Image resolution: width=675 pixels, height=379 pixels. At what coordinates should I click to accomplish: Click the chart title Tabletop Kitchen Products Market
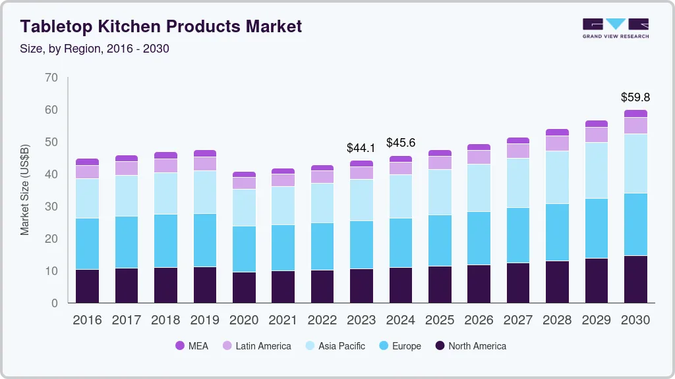tap(161, 26)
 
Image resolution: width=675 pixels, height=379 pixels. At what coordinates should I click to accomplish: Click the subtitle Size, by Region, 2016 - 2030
tap(95, 49)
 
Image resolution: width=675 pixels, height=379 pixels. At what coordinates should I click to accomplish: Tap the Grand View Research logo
tap(615, 28)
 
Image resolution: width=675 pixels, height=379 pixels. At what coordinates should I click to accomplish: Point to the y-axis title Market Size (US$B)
tap(25, 190)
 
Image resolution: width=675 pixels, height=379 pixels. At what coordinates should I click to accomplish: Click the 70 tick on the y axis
tap(51, 78)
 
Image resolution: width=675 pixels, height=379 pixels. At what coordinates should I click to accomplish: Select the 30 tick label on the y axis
tap(51, 207)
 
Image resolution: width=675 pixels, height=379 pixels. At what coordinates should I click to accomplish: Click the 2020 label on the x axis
tap(244, 320)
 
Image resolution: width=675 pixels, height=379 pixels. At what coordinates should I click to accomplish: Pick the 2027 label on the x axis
tap(517, 320)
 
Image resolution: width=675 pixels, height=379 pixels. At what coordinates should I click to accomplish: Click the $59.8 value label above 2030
tap(635, 97)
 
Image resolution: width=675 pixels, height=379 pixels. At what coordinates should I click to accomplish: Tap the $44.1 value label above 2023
tap(361, 148)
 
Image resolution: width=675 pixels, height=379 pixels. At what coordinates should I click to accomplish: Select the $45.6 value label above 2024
tap(400, 143)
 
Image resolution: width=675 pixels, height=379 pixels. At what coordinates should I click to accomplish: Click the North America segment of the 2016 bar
tap(87, 286)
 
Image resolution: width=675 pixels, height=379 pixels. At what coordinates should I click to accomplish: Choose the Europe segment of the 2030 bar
tap(635, 224)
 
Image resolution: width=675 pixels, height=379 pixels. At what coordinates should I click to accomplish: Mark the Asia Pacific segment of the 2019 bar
tap(204, 192)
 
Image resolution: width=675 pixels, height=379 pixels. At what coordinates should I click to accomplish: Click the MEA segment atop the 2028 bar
tap(557, 132)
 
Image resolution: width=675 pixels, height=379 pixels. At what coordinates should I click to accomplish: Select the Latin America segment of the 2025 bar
tap(440, 163)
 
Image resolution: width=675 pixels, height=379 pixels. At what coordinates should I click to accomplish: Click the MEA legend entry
tap(192, 346)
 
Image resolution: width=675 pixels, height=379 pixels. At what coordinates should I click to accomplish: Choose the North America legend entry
tap(470, 346)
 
